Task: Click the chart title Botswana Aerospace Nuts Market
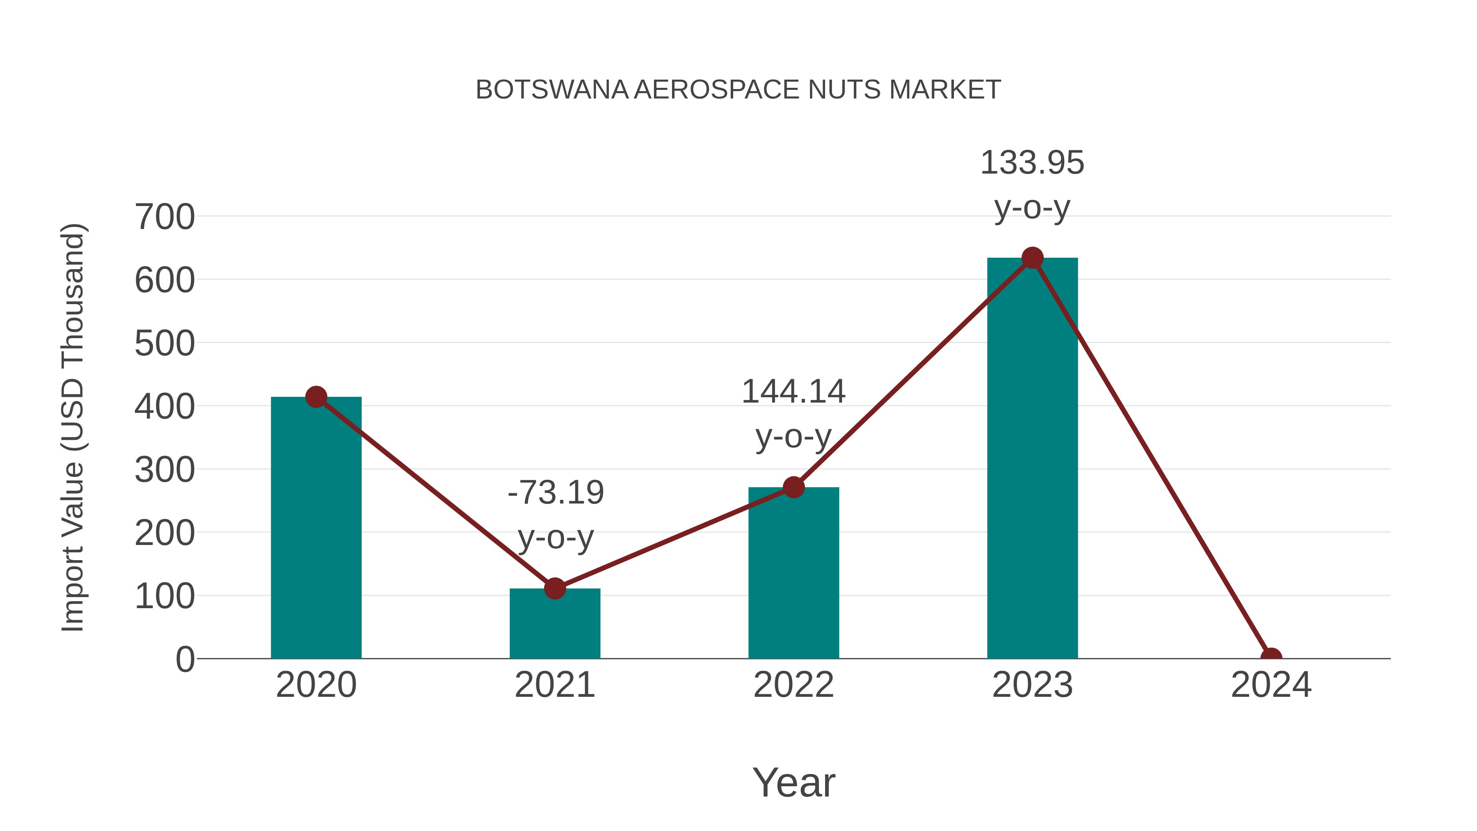click(x=738, y=90)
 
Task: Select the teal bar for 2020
click(x=316, y=528)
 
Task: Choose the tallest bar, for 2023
click(x=1032, y=458)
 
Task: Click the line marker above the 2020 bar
click(x=316, y=397)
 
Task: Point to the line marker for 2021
click(x=554, y=588)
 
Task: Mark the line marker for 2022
click(x=793, y=488)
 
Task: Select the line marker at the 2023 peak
click(x=1032, y=258)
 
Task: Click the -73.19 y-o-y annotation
click(x=556, y=515)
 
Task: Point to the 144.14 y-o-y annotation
click(x=793, y=414)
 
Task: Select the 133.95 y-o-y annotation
click(x=1032, y=184)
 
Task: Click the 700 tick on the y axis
click(x=165, y=217)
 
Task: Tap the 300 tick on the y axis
click(x=165, y=470)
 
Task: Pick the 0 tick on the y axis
click(x=185, y=659)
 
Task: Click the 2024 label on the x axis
click(x=1271, y=685)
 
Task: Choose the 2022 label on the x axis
click(x=793, y=685)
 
